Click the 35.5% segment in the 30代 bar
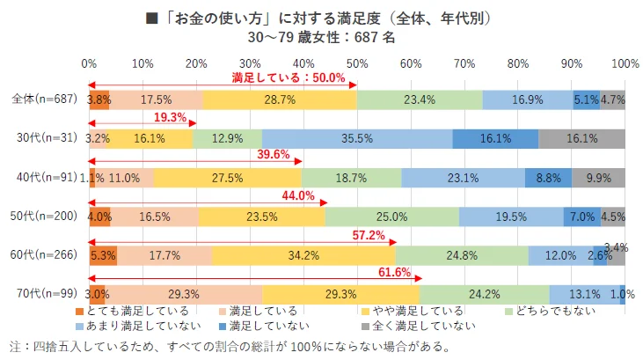[x=357, y=138]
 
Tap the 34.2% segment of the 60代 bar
[x=303, y=255]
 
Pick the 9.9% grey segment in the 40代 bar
[x=598, y=177]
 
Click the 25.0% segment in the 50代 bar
[x=392, y=217]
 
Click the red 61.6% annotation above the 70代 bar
[x=394, y=273]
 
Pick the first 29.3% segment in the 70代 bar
[x=185, y=294]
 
